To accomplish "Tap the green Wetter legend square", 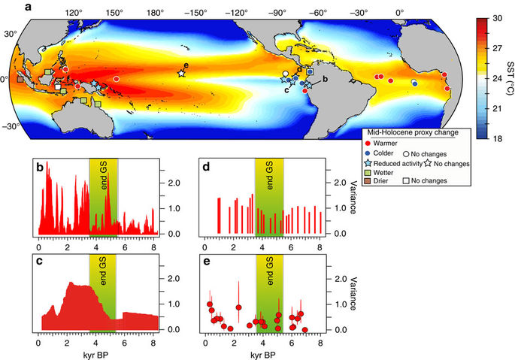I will pyautogui.click(x=368, y=172).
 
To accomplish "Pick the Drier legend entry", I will pyautogui.click(x=368, y=181).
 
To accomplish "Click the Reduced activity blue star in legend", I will pyautogui.click(x=368, y=162).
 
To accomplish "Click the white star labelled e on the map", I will pyautogui.click(x=181, y=73).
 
